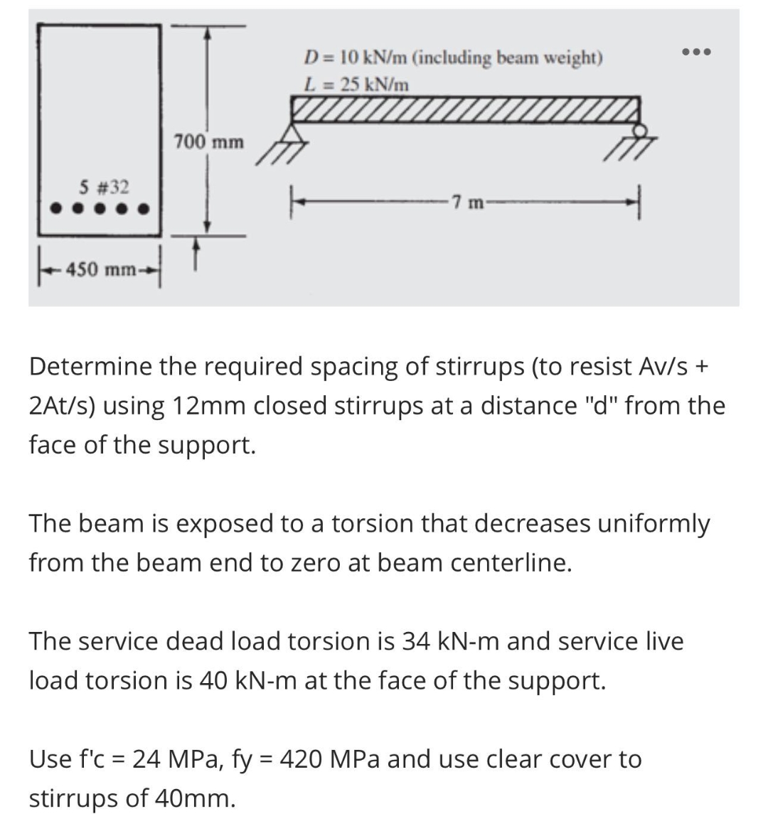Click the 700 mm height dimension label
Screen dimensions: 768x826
(x=208, y=142)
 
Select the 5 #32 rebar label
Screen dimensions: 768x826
(x=104, y=188)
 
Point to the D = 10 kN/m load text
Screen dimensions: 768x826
(x=452, y=58)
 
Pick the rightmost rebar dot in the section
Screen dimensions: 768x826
(x=144, y=210)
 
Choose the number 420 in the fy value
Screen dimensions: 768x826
(x=304, y=759)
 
